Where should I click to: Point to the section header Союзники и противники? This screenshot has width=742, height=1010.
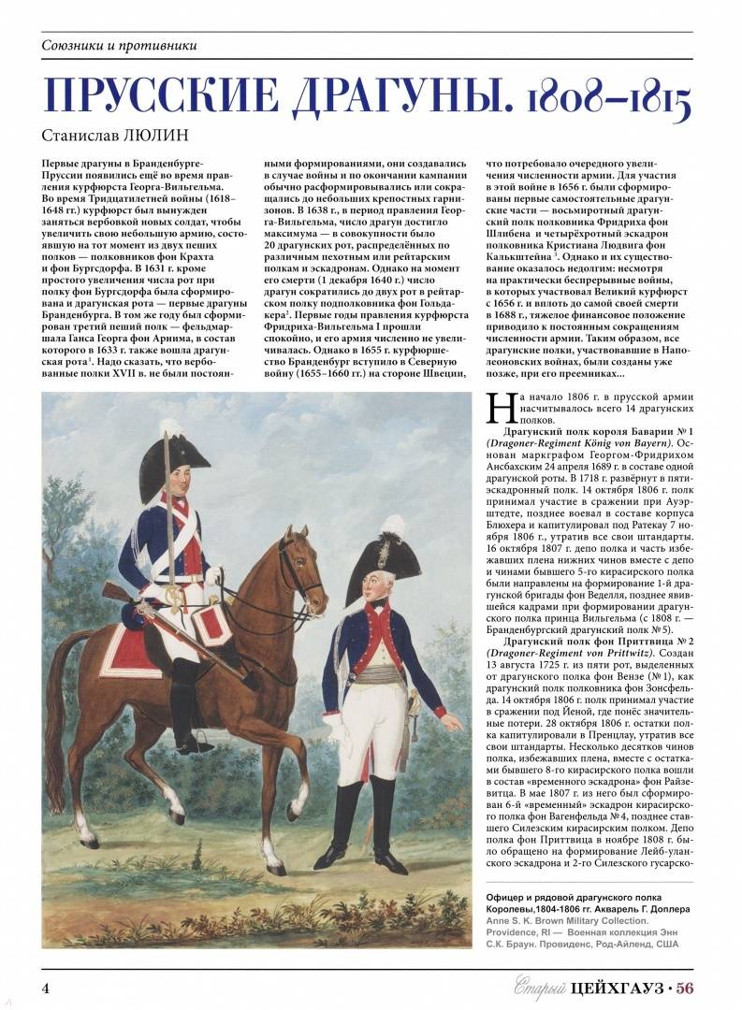(x=120, y=46)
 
